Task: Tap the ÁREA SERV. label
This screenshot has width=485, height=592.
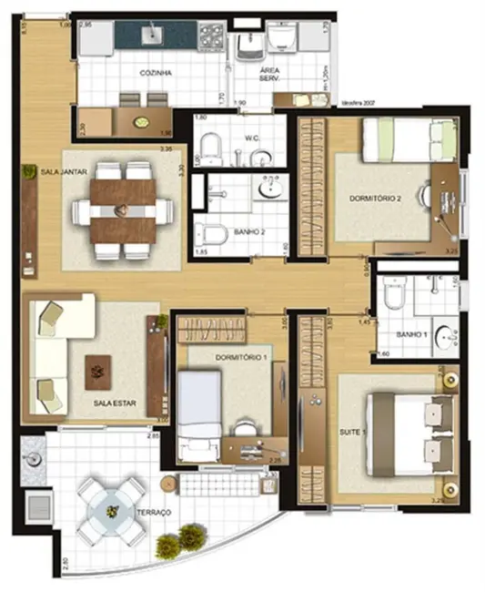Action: point(269,76)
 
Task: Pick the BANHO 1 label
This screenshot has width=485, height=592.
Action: point(412,335)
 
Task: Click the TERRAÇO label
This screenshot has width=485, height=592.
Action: point(155,514)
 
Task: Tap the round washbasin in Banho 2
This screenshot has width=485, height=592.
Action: point(270,189)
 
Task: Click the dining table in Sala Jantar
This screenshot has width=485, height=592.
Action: point(124,209)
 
